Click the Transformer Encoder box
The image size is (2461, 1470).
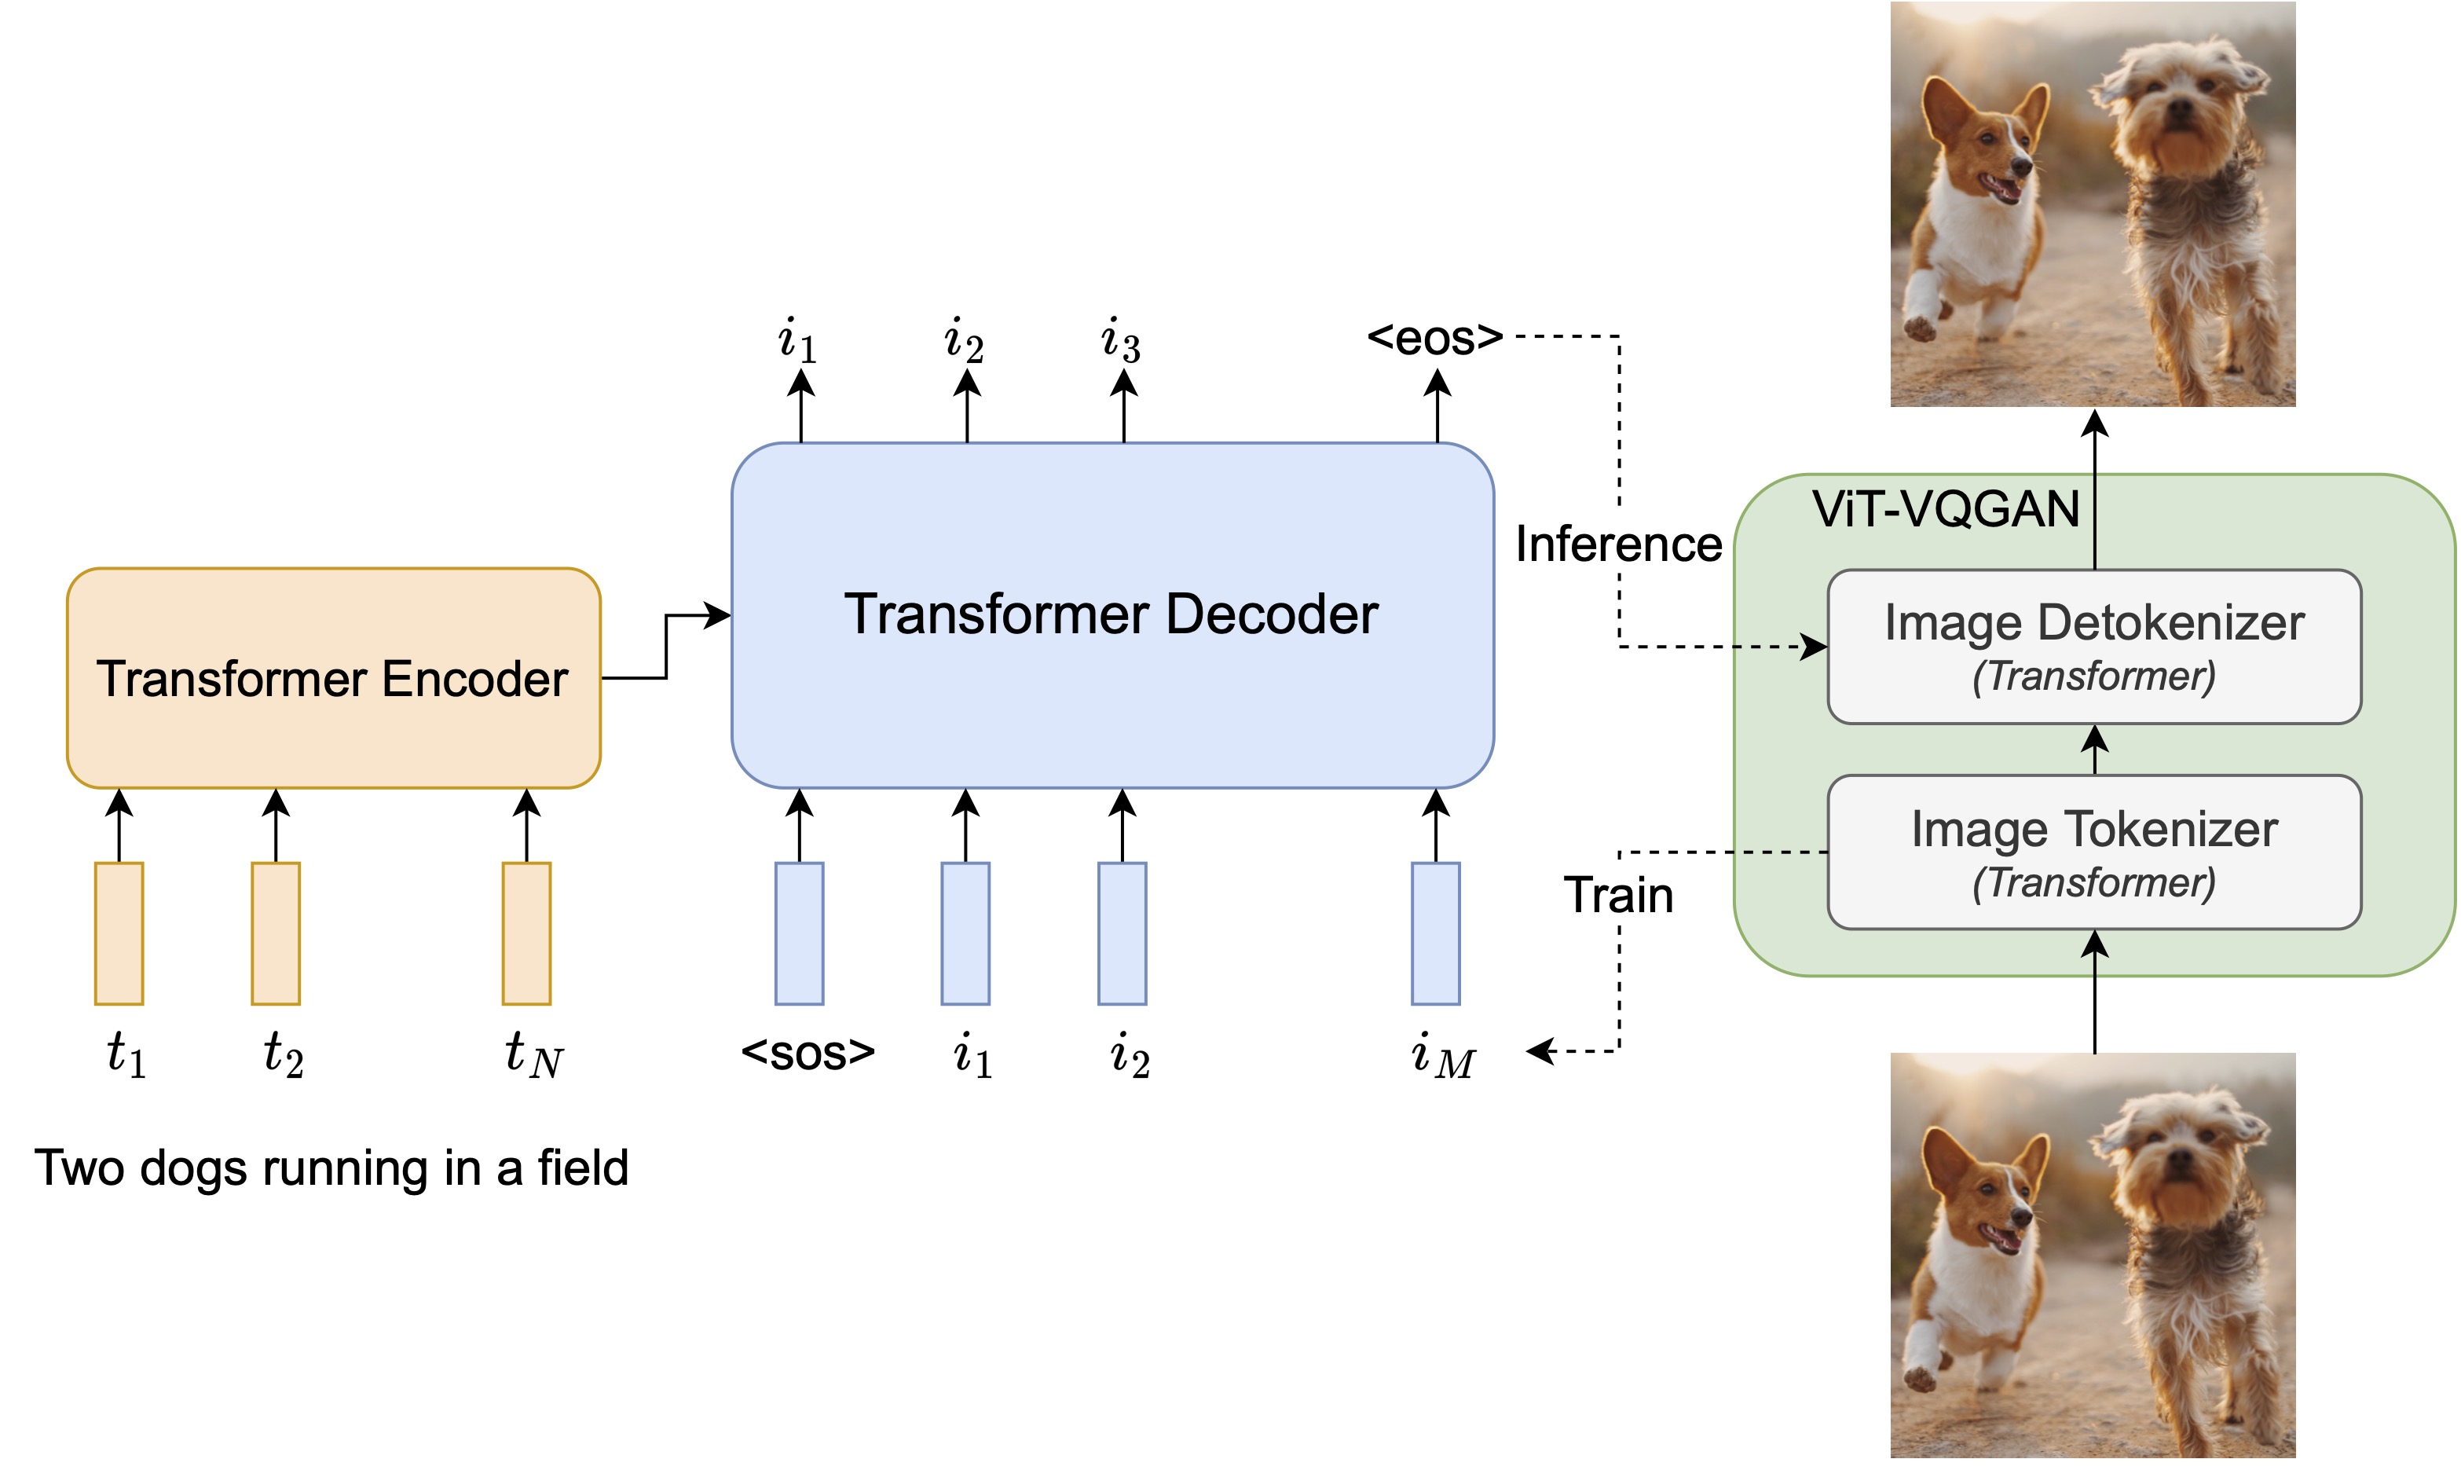333,680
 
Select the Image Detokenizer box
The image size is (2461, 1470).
2093,647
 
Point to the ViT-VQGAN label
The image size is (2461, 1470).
1945,510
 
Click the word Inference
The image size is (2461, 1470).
1618,544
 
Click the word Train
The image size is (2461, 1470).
1618,896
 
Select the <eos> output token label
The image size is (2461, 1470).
1435,339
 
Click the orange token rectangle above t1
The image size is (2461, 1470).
119,934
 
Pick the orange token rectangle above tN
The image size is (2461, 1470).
526,934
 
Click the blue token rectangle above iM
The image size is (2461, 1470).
1435,934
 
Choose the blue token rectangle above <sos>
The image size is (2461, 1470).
799,934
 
